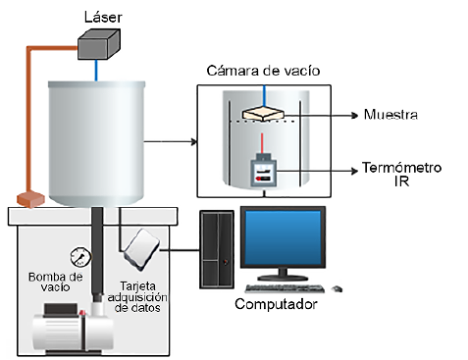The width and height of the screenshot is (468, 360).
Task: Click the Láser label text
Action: pos(103,17)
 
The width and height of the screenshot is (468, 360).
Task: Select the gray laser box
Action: pos(99,44)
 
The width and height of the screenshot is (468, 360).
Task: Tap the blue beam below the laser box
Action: pos(96,70)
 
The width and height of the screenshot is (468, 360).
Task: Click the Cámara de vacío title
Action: pos(263,71)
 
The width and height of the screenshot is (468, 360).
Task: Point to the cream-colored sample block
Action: pos(263,113)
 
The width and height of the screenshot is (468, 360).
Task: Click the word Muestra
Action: pos(390,115)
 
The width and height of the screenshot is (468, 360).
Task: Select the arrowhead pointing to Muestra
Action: pos(355,115)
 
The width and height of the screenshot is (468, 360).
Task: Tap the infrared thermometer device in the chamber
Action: pos(263,171)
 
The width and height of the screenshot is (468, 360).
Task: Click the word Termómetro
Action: pos(402,168)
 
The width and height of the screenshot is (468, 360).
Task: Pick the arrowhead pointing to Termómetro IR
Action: pos(355,171)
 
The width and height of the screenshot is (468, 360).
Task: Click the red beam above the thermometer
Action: pos(262,143)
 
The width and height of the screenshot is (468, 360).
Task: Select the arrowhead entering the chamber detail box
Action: pos(194,142)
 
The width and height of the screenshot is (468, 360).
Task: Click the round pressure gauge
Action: pos(80,257)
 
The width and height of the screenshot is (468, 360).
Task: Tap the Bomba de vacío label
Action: pos(55,283)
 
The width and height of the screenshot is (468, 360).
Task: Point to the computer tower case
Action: pos(217,249)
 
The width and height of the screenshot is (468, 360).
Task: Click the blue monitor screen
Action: pos(283,237)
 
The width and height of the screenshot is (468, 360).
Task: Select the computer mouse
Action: pos(337,289)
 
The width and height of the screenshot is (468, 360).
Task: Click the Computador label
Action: pos(276,304)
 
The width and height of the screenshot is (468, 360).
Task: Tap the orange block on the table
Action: pos(30,199)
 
